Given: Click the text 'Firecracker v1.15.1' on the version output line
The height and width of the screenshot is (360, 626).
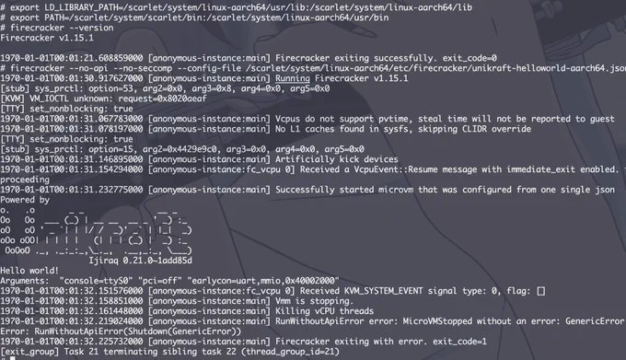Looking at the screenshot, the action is pos(47,38).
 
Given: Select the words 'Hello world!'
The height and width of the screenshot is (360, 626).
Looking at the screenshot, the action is pos(29,271).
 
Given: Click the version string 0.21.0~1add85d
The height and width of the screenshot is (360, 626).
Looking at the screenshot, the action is pos(157,261).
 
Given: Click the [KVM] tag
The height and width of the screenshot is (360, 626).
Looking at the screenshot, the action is pos(12,99).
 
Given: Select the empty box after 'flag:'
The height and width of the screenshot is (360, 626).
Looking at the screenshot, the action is pos(541,291).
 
